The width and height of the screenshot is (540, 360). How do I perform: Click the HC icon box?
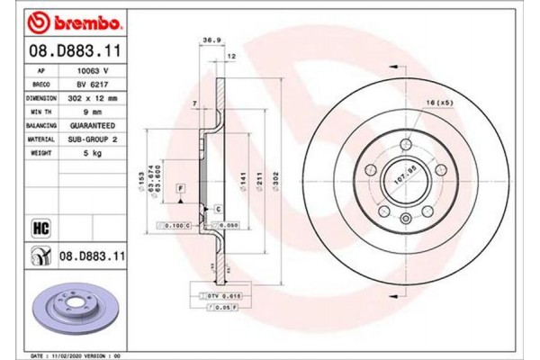[x=40, y=228]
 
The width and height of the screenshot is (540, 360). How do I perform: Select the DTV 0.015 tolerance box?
[x=222, y=295]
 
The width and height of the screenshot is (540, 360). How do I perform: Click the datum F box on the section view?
[x=181, y=186]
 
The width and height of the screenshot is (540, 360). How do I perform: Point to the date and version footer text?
[x=81, y=355]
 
